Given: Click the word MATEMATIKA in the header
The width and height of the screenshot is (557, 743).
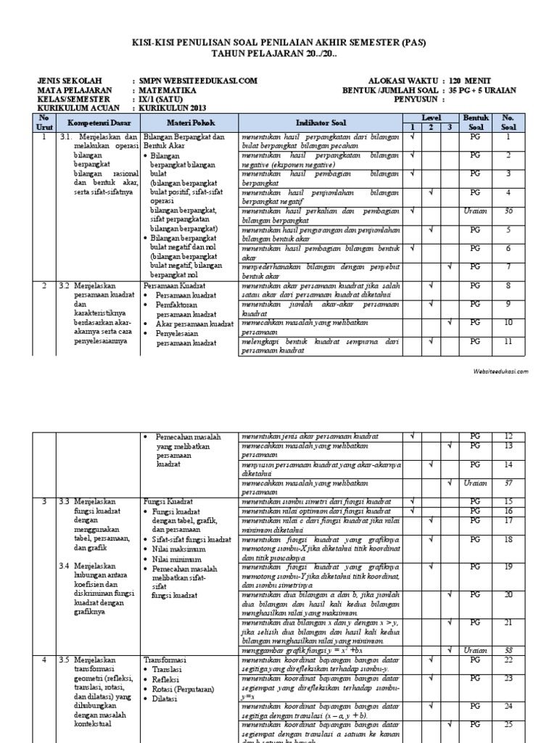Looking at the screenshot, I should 167,90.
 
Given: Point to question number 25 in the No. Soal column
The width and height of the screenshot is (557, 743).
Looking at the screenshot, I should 508,724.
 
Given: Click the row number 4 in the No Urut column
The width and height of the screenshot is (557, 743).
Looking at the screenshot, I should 44,660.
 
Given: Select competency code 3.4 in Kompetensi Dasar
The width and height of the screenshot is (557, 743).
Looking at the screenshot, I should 65,565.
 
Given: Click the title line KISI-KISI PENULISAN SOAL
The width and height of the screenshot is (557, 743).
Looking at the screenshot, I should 278,43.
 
